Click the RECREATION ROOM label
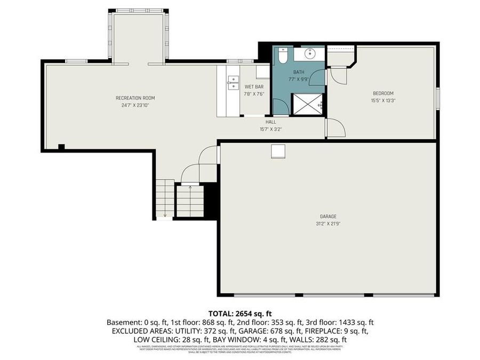(x=135, y=98)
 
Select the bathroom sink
(x=310, y=53)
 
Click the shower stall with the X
(x=307, y=104)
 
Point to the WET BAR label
(x=254, y=86)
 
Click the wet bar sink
(x=233, y=82)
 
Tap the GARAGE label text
(x=328, y=216)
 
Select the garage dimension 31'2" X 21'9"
(x=328, y=223)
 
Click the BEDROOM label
(x=383, y=93)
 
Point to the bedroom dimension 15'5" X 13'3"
(x=383, y=100)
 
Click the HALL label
(x=271, y=122)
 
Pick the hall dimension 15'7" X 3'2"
(x=271, y=129)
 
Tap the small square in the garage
(x=278, y=151)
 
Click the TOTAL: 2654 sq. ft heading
(x=239, y=313)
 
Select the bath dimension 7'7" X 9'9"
(x=299, y=78)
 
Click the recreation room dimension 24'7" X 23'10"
(x=135, y=105)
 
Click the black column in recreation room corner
(x=61, y=147)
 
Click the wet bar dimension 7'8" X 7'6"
(x=254, y=94)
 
